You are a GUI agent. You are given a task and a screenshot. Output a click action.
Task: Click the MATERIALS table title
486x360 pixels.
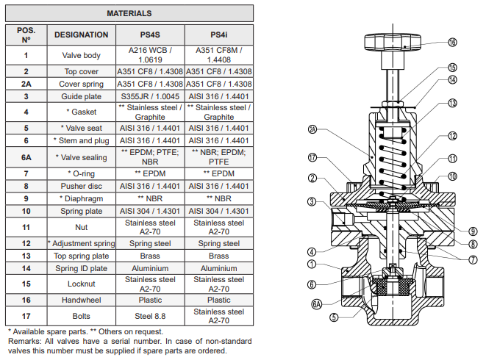click(129, 13)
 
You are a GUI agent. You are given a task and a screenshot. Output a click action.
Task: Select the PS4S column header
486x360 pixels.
click(150, 35)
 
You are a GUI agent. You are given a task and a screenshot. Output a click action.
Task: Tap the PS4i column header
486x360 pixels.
click(218, 35)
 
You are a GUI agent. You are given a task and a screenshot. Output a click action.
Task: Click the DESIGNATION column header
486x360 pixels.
click(81, 35)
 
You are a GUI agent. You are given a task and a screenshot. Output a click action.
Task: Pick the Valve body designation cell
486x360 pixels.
click(81, 55)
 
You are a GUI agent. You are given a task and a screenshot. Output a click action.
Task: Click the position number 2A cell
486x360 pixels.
click(26, 84)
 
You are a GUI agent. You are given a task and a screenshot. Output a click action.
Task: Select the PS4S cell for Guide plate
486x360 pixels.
click(150, 96)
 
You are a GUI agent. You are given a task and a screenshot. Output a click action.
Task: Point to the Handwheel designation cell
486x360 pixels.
click(81, 300)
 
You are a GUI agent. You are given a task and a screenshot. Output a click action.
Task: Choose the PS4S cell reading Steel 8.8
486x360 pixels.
click(150, 317)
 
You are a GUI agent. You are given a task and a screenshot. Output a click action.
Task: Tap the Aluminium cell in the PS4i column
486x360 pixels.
click(218, 268)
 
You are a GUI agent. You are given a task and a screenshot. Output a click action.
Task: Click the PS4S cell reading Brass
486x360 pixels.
click(150, 256)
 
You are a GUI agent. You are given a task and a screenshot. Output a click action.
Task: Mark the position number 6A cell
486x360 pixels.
click(26, 157)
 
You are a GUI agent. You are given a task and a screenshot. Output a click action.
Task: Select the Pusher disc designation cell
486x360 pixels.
click(81, 186)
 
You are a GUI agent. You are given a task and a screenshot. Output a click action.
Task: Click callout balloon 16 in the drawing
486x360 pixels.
click(453, 43)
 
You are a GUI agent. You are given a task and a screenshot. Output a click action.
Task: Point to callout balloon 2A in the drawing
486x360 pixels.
click(312, 129)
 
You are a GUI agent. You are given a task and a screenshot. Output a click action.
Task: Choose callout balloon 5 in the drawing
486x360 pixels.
click(334, 317)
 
